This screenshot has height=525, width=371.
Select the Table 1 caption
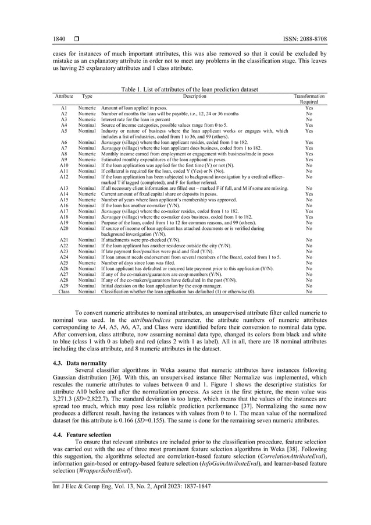pos(189,89)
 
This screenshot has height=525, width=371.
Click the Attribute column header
pos(63,95)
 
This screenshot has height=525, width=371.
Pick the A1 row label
pos(63,108)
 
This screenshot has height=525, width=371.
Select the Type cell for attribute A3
pos(87,119)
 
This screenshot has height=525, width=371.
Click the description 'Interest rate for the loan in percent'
pos(136,119)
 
